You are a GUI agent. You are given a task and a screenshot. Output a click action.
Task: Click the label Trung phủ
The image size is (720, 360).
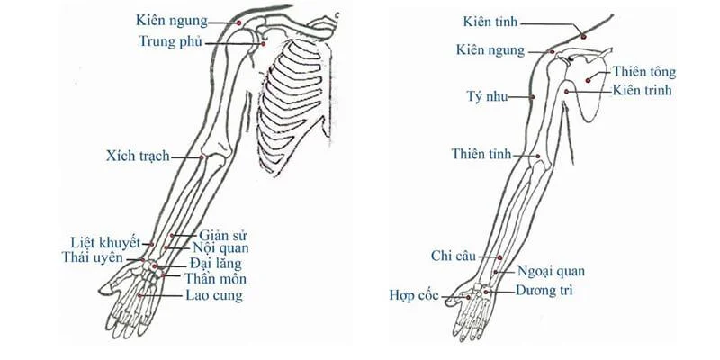tap(171, 41)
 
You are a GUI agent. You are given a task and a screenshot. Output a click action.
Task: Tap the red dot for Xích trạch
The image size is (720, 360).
tap(201, 157)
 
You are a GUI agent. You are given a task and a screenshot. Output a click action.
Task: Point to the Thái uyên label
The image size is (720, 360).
tap(93, 257)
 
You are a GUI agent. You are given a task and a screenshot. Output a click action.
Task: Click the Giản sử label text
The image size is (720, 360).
tap(223, 236)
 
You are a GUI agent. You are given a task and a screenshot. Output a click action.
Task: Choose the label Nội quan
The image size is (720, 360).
tap(220, 248)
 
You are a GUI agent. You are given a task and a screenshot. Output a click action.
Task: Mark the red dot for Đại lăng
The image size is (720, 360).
tap(155, 265)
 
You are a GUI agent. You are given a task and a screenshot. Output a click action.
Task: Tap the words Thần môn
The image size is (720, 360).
tap(215, 279)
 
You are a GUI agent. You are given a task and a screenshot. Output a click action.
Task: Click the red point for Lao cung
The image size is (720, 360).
tap(139, 295)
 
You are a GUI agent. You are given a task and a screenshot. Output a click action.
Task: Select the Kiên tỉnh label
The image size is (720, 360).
tap(490, 22)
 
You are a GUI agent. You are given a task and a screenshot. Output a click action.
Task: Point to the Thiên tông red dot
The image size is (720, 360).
tap(588, 81)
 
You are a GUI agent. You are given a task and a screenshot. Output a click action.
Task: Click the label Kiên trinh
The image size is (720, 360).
tap(642, 91)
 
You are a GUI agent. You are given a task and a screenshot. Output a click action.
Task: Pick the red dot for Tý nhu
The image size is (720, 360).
tap(533, 97)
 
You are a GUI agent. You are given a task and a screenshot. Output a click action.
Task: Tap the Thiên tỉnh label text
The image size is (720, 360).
tap(481, 154)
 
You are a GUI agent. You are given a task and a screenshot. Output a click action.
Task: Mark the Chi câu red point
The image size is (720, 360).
tap(500, 257)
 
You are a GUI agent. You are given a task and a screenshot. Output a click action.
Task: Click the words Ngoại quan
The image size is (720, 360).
tap(551, 272)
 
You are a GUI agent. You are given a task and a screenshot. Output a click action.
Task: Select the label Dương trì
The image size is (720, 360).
tap(544, 291)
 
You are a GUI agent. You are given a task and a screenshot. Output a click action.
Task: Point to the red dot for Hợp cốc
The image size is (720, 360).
tap(468, 298)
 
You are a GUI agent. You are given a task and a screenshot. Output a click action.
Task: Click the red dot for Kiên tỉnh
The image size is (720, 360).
tap(583, 37)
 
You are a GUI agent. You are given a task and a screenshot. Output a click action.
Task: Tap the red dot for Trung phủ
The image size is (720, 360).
tap(264, 44)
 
